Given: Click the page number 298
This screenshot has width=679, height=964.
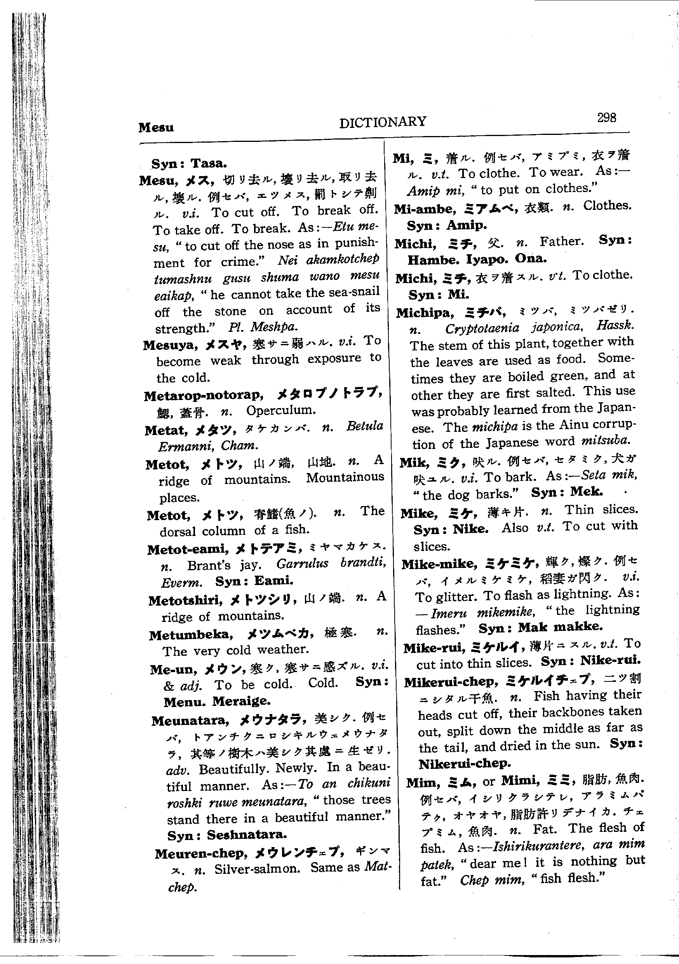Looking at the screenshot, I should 606,117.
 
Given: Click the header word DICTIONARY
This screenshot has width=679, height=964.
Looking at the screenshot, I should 383,122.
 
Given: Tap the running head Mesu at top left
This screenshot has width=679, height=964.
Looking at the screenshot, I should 156,127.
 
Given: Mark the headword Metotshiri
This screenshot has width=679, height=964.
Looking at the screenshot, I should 185,601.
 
